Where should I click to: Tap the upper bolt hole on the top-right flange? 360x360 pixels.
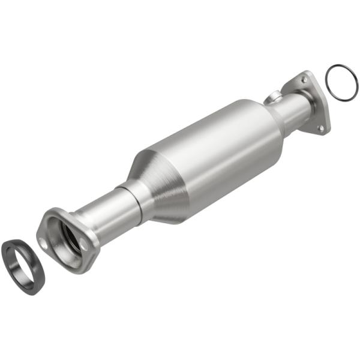[306, 79]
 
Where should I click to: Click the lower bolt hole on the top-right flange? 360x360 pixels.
[320, 127]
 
